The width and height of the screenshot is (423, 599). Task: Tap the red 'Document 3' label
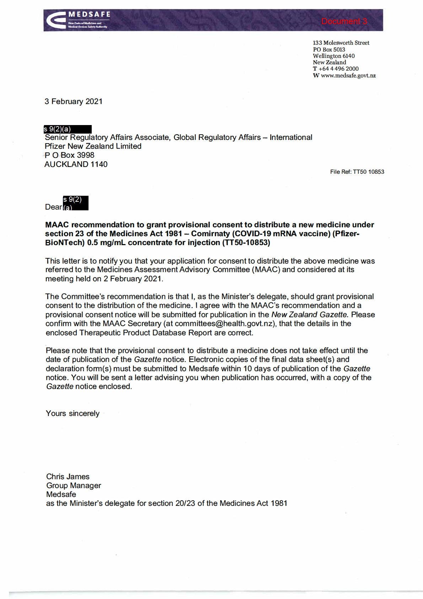[x=344, y=21]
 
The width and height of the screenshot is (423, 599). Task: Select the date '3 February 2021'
[x=74, y=102]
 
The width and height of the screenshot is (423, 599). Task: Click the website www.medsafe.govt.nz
[x=348, y=75]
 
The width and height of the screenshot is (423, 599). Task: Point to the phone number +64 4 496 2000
[x=338, y=69]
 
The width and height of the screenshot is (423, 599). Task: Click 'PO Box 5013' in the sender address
[x=329, y=49]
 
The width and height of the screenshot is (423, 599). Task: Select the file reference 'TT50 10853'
[x=368, y=172]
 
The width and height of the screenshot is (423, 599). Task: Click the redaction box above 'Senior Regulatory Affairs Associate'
[x=68, y=129]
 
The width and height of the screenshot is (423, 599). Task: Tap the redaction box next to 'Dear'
[x=76, y=203]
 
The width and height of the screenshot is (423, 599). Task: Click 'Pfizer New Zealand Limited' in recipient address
[x=93, y=146]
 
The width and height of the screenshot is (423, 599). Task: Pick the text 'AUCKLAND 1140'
[x=76, y=164]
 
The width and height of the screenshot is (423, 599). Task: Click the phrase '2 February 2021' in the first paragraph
[x=133, y=279]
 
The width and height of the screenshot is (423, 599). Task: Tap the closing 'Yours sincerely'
[x=73, y=414]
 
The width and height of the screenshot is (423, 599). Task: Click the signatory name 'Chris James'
[x=68, y=477]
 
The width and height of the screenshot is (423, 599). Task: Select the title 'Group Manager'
[x=74, y=486]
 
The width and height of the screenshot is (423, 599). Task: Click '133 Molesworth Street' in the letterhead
[x=341, y=43]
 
